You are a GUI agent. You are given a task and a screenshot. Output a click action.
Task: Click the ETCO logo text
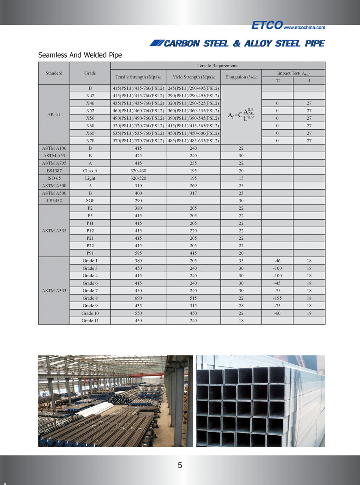click(x=267, y=25)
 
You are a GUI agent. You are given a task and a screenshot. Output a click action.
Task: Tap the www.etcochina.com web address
click(x=304, y=28)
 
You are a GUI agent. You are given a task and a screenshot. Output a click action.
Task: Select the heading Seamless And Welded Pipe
click(x=80, y=55)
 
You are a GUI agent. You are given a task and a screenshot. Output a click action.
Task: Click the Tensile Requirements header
click(x=218, y=66)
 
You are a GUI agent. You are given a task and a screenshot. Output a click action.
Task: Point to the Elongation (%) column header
click(x=241, y=77)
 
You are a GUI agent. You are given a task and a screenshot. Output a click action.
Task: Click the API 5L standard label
click(x=54, y=114)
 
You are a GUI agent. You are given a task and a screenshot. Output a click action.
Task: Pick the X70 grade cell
click(x=90, y=141)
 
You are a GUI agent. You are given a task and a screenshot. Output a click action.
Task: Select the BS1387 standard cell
click(x=54, y=170)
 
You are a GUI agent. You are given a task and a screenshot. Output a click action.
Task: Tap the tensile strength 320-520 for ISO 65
click(x=138, y=178)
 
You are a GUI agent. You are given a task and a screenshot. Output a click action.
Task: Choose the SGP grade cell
click(x=90, y=200)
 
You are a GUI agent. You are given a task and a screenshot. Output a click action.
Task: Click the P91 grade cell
click(x=90, y=253)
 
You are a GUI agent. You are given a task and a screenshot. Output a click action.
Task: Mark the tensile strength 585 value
click(x=138, y=253)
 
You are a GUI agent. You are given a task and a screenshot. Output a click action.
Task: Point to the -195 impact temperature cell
click(x=277, y=298)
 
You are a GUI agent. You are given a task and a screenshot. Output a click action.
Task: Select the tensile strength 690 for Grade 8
click(x=138, y=298)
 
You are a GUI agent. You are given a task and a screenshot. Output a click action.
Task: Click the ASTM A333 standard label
click(x=54, y=291)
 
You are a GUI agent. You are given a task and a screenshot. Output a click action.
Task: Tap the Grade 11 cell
click(x=90, y=321)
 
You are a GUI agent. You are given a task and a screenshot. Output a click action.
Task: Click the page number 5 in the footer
click(x=180, y=465)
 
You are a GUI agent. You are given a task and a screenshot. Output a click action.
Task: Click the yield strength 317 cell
click(x=193, y=193)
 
